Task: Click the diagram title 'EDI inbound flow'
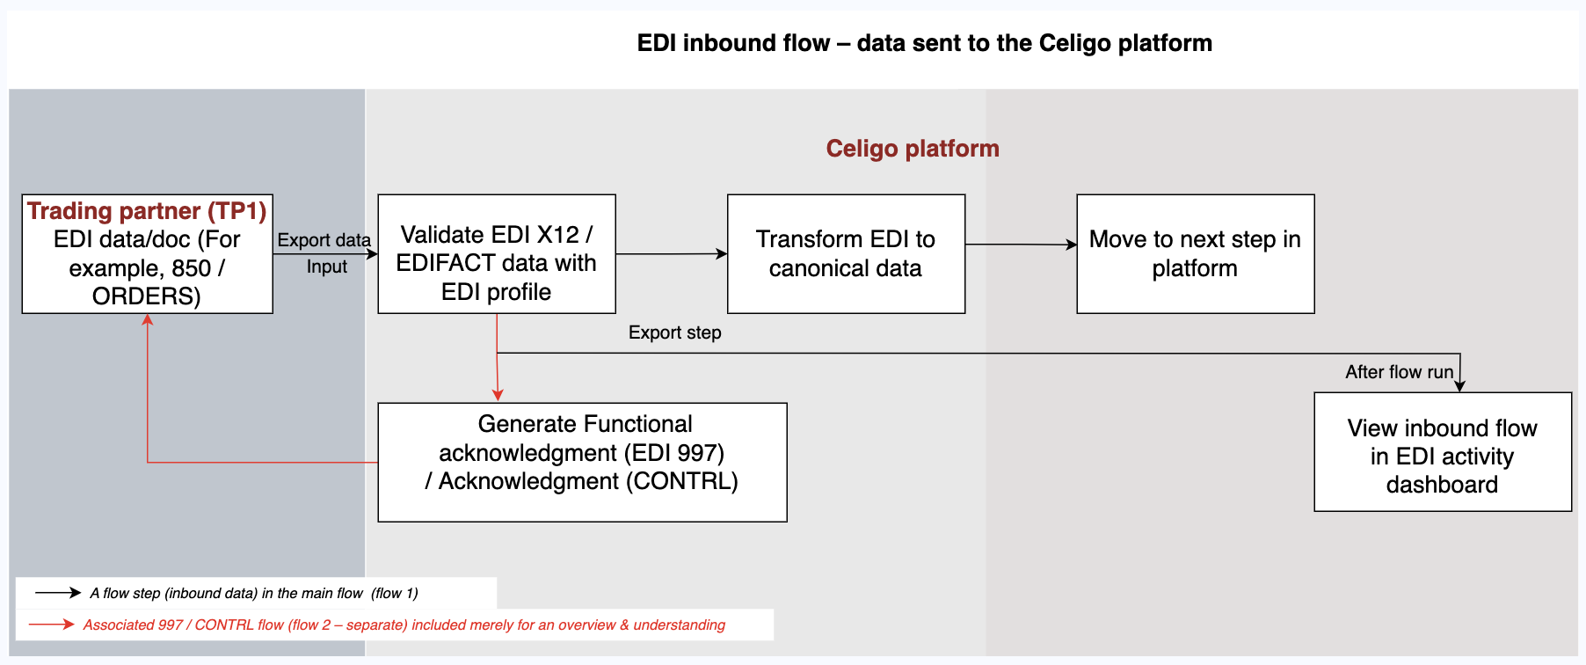coord(924,43)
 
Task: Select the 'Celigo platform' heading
coord(912,149)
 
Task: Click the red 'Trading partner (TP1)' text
coord(147,211)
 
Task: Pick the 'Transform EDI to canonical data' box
coord(846,253)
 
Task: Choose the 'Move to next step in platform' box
coord(1195,253)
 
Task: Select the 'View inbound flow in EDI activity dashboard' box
coord(1442,455)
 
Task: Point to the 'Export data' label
coord(324,240)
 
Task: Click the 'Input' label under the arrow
coord(327,267)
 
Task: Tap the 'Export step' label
coord(674,332)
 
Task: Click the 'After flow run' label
coord(1399,372)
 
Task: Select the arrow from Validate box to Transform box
coord(672,254)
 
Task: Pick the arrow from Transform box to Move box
coord(1021,245)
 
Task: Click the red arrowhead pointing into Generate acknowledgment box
coord(498,395)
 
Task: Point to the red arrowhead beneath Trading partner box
coord(148,321)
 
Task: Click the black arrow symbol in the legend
coord(58,593)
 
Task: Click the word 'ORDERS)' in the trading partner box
coord(147,296)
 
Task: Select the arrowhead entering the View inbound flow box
coord(1459,386)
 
